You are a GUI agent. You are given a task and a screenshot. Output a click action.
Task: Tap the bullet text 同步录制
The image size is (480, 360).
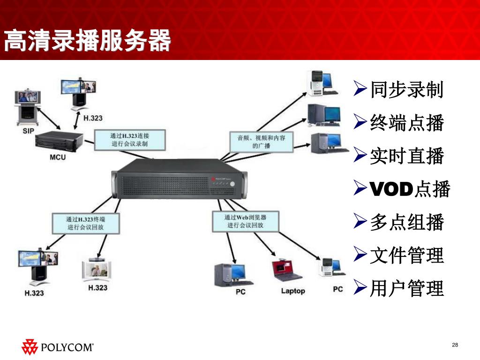pos(406,90)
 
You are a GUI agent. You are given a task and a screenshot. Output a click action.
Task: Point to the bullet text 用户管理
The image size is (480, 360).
pos(406,288)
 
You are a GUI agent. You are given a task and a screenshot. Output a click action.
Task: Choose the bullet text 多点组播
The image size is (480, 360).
pos(406,222)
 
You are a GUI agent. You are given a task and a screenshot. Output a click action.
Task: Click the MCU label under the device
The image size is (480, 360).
pos(58,157)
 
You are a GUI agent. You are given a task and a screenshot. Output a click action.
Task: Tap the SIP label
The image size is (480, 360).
pos(28,131)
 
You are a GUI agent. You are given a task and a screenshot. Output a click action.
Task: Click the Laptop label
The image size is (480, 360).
pos(293,291)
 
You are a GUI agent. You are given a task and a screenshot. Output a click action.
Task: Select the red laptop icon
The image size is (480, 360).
pos(287,270)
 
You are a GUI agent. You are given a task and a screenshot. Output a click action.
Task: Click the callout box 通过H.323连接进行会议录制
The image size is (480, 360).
pos(129,140)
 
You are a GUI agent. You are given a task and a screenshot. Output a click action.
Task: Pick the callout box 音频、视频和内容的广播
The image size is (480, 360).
pos(261,142)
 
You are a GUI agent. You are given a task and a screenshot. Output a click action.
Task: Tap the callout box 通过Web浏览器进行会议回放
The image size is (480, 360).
pos(245,221)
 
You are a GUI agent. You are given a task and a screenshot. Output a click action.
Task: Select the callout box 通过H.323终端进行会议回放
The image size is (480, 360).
pos(85,223)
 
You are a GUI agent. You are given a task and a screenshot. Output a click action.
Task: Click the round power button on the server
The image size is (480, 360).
pos(232,183)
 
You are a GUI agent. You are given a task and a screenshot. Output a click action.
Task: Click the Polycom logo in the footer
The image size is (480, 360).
pos(57,347)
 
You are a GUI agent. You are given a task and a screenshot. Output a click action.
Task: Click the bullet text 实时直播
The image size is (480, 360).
pos(406,156)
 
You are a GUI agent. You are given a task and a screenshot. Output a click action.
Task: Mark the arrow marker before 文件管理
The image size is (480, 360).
pos(360,255)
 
